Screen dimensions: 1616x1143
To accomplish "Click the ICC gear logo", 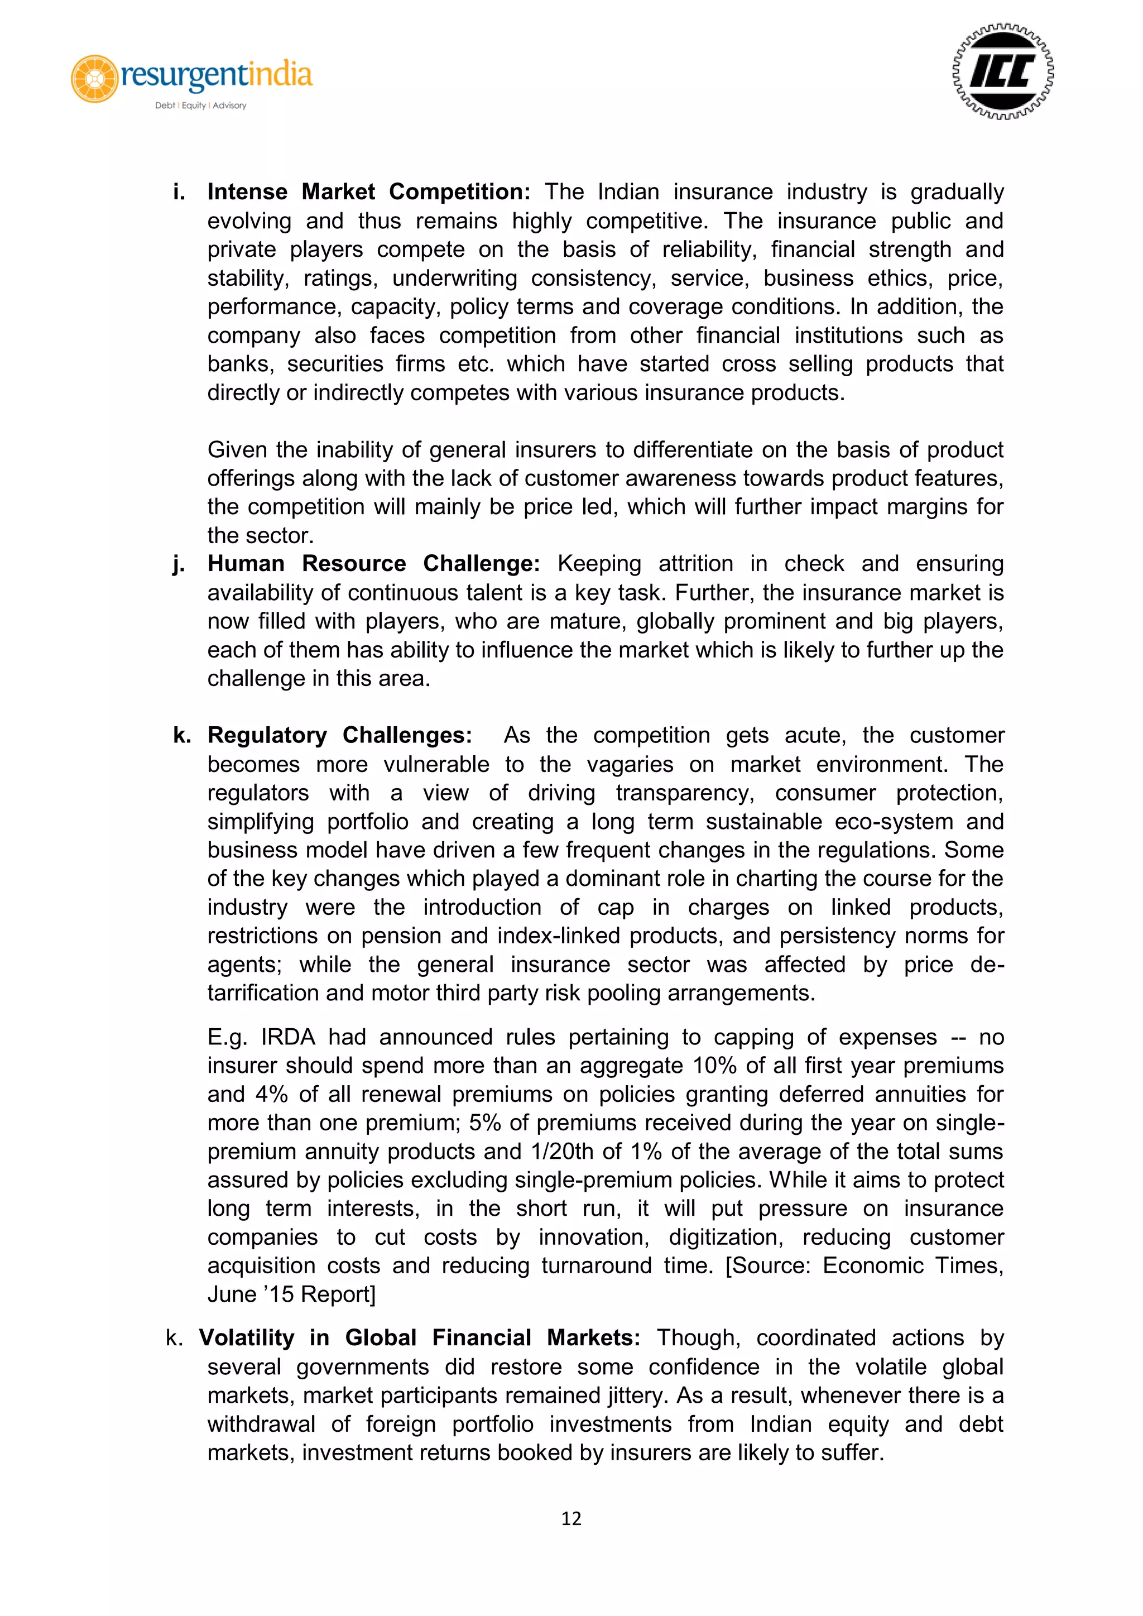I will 1002,72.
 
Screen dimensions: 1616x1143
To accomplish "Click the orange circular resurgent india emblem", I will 94,78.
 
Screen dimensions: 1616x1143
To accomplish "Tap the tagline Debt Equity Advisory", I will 200,106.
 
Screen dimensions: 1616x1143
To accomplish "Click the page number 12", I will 571,1519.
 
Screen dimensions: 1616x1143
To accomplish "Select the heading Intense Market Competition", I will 368,192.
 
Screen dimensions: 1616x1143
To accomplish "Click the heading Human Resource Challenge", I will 373,564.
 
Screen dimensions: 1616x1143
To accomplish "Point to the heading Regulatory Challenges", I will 339,736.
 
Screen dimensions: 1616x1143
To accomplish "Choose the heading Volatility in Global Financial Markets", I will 420,1337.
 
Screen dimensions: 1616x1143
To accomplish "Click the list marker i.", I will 179,192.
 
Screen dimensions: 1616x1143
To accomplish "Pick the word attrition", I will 697,564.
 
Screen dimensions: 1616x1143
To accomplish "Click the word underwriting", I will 454,279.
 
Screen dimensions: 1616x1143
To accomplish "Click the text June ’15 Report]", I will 291,1294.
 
